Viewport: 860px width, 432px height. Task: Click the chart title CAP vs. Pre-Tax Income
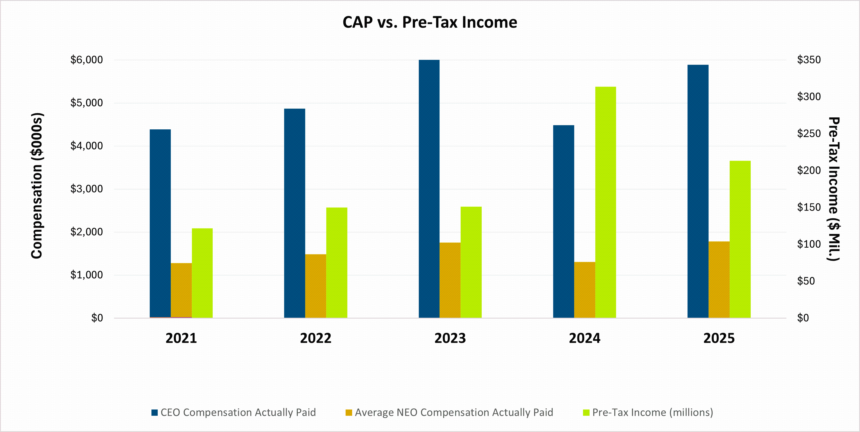point(430,23)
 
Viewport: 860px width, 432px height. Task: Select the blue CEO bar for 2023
point(429,189)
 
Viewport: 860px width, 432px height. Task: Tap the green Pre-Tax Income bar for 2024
point(605,202)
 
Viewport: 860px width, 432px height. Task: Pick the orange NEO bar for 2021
point(181,290)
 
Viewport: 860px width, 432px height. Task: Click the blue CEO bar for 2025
point(698,191)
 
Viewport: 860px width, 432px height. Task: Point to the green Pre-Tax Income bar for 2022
point(336,263)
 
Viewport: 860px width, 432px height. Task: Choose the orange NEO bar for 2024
point(584,290)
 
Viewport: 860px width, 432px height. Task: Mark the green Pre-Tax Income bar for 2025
point(740,239)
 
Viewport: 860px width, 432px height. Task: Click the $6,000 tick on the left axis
point(87,60)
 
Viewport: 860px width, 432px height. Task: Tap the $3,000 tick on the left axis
point(87,189)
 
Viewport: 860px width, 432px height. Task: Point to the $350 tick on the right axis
point(808,60)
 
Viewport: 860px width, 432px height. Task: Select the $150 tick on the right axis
point(808,207)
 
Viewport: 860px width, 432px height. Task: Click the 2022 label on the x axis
point(315,338)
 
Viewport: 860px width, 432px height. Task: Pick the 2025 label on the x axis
point(719,338)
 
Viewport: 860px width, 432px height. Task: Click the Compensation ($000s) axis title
point(37,186)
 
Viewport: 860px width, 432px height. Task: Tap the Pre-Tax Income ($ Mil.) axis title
point(834,189)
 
